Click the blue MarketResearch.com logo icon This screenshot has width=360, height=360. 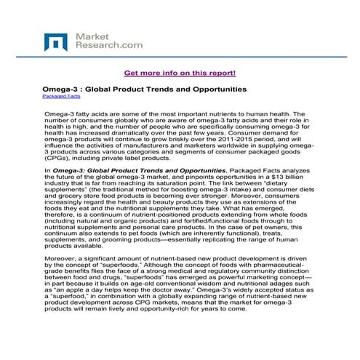tap(57, 42)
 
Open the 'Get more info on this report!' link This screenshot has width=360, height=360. tap(180, 73)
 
